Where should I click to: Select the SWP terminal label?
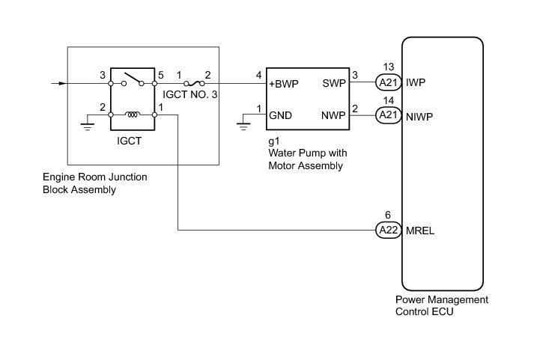[333, 84]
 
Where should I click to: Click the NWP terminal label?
[333, 116]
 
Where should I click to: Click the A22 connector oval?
[386, 230]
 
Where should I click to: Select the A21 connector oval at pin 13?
[386, 83]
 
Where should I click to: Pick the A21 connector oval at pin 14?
[386, 116]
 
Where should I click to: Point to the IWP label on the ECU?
[418, 83]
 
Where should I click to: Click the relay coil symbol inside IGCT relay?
[133, 115]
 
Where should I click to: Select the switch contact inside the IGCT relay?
[133, 78]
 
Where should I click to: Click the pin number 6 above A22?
[386, 214]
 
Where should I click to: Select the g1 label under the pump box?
[273, 141]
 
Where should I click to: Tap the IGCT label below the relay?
[133, 139]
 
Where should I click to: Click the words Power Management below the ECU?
[442, 300]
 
